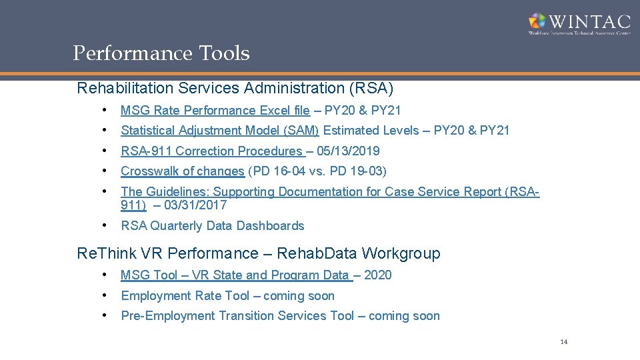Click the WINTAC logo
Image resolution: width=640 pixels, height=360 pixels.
coord(578,23)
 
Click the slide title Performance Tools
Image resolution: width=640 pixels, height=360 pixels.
coord(161,53)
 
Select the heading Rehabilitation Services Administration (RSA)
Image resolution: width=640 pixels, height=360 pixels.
coord(235,88)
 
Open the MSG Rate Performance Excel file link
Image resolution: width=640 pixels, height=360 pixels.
coord(215,111)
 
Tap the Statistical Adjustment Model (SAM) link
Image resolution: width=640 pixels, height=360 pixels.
coord(220,131)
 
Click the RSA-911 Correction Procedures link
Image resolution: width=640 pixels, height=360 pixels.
coord(211,151)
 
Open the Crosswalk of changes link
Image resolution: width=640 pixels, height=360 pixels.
coord(183,171)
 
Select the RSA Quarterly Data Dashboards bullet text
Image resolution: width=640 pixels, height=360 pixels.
coord(213,226)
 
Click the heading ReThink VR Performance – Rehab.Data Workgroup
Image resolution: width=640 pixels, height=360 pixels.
coord(259,253)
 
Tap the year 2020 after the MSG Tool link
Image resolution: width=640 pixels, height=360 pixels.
coord(379,275)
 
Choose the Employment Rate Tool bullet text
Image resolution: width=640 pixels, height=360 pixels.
coord(189,296)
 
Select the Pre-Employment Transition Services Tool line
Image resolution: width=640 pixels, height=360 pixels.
coord(280,316)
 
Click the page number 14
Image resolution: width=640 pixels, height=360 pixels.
coord(563,342)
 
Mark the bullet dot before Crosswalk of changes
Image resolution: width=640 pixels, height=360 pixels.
coord(105,171)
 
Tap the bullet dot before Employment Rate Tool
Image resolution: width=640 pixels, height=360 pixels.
coord(105,295)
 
